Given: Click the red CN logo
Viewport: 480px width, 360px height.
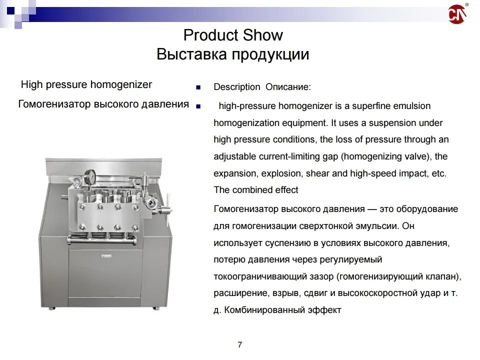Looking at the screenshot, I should (457, 14).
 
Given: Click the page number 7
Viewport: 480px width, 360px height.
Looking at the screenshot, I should (240, 344).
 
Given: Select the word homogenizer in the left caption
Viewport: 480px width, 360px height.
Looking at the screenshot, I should (123, 84).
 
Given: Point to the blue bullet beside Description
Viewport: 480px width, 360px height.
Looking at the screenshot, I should (198, 87).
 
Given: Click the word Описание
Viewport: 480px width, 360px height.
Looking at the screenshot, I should (288, 87).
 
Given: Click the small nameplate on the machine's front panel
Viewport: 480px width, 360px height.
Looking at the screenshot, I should (106, 255).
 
